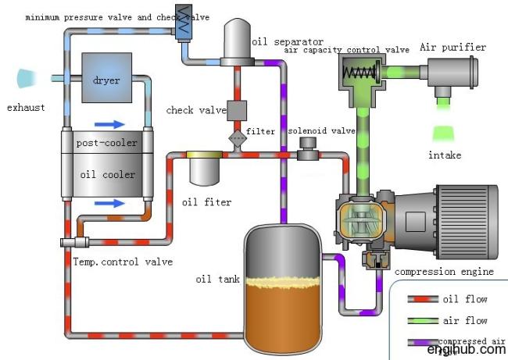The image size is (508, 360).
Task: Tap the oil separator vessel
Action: (x=236, y=45)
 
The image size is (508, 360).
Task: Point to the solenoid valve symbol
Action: (x=309, y=148)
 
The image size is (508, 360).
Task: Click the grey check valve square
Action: (x=237, y=110)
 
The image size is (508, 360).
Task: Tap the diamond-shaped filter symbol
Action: (x=237, y=138)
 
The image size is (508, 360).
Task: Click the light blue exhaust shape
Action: (x=28, y=78)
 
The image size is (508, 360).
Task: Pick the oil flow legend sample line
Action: (x=423, y=298)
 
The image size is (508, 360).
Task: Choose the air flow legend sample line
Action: (x=423, y=320)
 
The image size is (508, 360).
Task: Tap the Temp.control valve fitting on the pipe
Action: (x=75, y=243)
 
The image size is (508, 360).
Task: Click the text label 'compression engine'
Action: (x=444, y=272)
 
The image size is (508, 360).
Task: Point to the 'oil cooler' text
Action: (x=107, y=174)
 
